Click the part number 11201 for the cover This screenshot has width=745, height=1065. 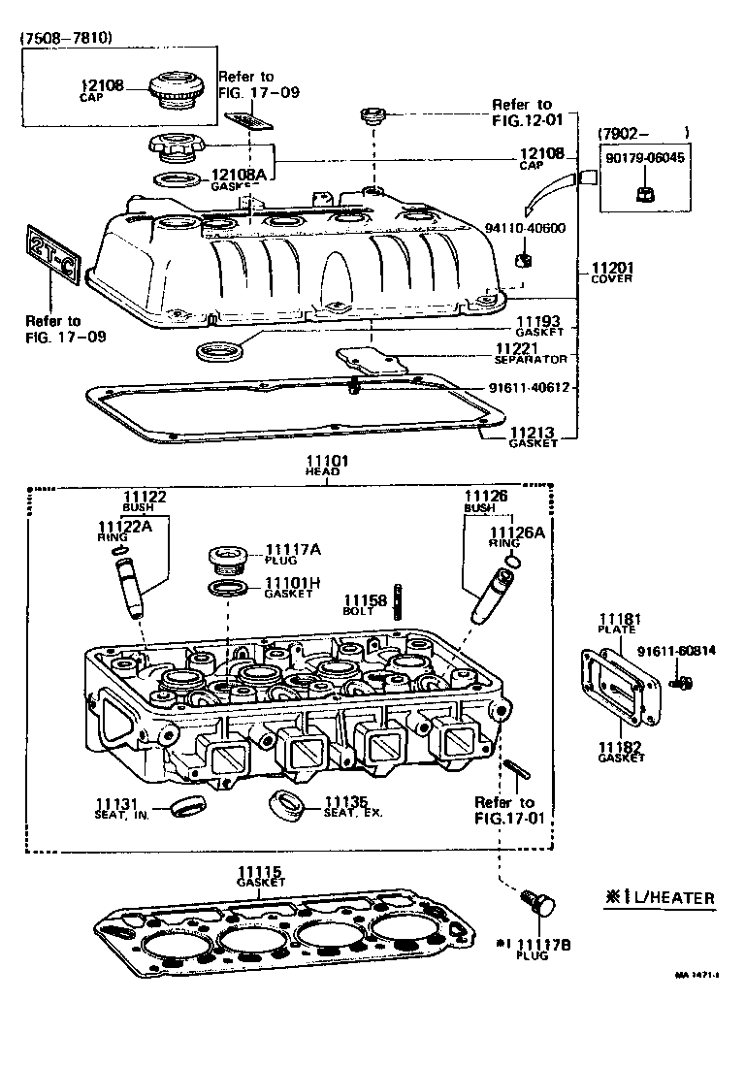[611, 268]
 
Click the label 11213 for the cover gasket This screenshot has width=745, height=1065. [533, 433]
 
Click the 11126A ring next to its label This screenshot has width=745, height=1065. [513, 562]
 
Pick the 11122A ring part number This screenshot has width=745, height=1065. [122, 527]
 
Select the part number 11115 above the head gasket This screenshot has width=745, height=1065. [261, 872]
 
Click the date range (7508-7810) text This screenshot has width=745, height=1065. [66, 38]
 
